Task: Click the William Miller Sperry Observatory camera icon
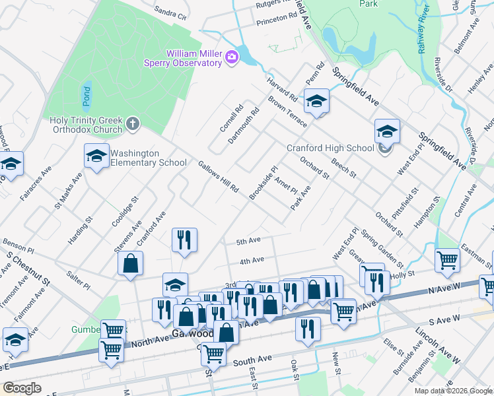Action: point(231,57)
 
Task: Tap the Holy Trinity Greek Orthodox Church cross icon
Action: point(133,123)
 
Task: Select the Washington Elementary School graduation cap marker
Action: point(96,157)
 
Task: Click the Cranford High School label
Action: point(330,148)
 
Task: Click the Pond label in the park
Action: point(87,96)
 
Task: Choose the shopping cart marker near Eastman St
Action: point(447,260)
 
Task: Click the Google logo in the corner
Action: point(22,388)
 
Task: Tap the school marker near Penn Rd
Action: point(316,102)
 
